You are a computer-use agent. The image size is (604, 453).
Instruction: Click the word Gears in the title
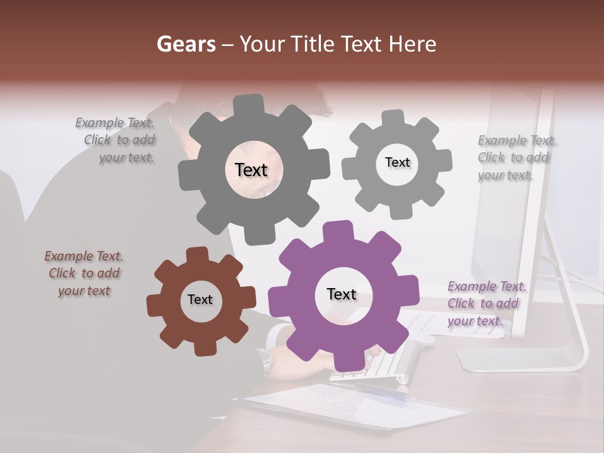tap(186, 44)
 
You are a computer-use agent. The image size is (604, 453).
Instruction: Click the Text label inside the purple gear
tap(342, 294)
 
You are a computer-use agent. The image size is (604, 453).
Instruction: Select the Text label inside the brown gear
tap(200, 300)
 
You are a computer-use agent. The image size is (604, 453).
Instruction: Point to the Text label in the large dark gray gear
tap(251, 170)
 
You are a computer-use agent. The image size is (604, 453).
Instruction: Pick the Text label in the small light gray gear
tap(397, 162)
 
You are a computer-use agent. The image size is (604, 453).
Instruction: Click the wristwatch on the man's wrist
tap(264, 360)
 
